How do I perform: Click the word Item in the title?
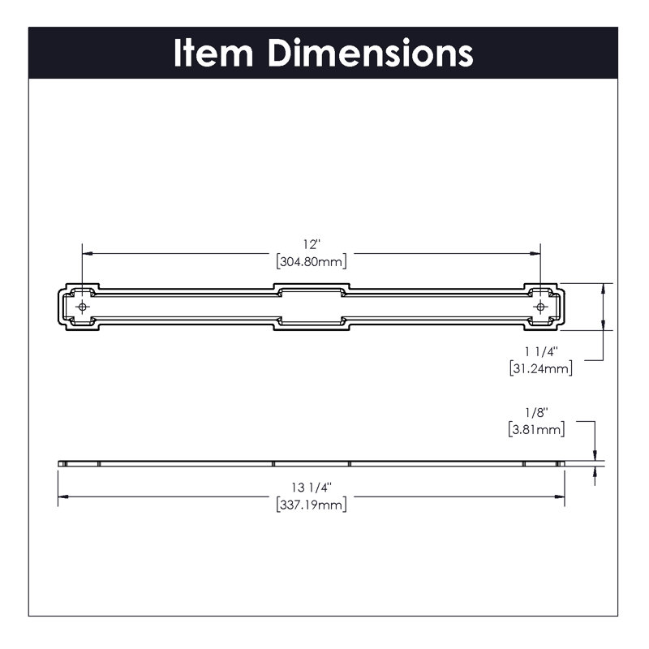click(x=213, y=53)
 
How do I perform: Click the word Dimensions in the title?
click(x=371, y=53)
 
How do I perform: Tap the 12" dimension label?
click(x=312, y=244)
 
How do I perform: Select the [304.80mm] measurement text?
click(x=312, y=261)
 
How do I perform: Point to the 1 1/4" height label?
click(x=541, y=351)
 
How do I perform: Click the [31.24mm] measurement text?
click(x=541, y=368)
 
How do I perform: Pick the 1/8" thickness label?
click(x=536, y=412)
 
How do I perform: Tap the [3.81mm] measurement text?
click(x=536, y=429)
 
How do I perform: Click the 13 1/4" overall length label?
click(x=312, y=488)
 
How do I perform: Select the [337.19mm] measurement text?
click(x=312, y=505)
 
